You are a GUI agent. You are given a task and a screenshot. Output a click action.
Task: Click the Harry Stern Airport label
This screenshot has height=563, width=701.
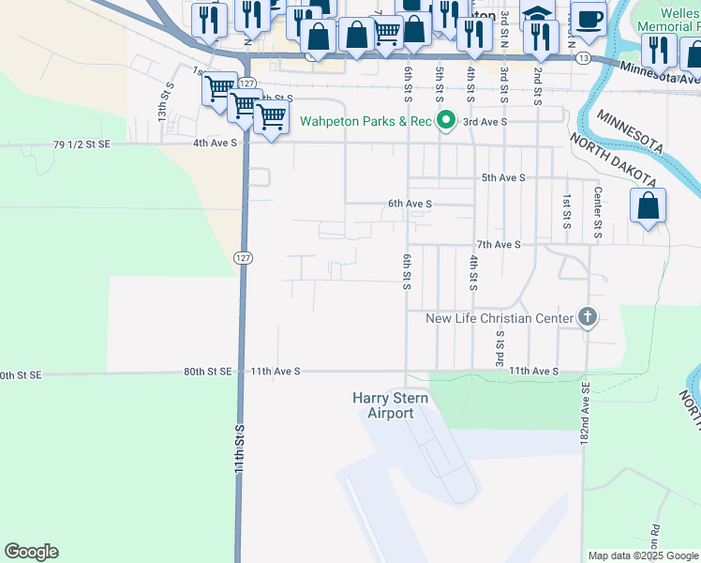(382, 405)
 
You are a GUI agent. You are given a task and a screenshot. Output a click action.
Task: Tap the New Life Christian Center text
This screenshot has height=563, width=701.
(499, 319)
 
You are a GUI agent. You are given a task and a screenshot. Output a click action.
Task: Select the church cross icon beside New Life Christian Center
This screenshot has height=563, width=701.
(588, 317)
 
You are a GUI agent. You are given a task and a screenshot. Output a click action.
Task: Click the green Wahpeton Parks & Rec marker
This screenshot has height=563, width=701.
(447, 121)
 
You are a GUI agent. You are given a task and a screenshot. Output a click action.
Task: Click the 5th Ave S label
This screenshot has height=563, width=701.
(503, 177)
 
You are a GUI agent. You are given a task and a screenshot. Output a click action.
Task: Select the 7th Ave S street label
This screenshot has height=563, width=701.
(498, 244)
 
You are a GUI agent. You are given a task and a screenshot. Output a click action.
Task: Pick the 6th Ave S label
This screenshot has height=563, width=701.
(410, 204)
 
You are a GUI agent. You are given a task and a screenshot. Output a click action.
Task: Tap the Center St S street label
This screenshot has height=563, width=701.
(597, 206)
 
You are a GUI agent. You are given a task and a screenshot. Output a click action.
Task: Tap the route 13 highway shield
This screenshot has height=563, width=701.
(584, 58)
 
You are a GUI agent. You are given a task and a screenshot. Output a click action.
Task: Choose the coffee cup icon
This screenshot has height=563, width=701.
(589, 19)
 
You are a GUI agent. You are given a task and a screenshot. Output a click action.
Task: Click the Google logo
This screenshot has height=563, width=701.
(31, 552)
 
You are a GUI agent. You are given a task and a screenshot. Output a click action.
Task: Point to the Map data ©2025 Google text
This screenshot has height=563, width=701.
(642, 555)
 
